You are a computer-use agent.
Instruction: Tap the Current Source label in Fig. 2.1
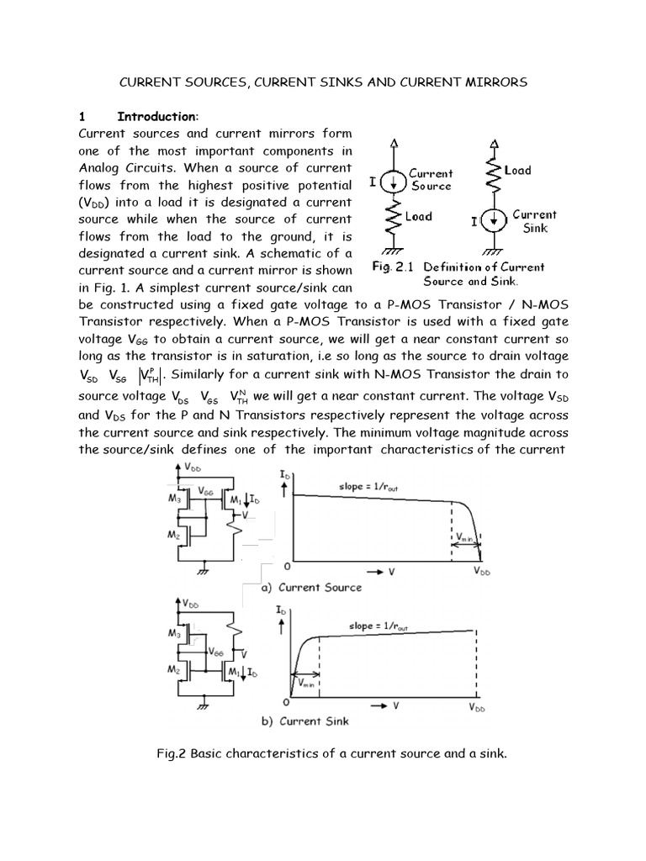pos(430,179)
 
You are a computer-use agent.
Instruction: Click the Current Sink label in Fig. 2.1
pos(535,221)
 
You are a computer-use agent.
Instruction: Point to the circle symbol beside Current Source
pos(389,181)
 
